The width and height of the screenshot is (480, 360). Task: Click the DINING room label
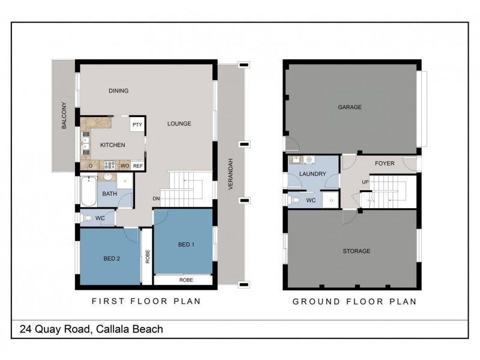point(119,91)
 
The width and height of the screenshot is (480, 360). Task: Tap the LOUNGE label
point(179,124)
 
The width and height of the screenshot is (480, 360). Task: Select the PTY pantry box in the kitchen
point(137,125)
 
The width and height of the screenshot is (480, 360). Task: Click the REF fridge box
point(138,165)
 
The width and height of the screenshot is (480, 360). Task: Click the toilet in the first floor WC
point(88,218)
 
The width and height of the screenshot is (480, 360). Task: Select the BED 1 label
point(187,244)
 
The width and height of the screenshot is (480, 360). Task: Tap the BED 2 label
point(112,259)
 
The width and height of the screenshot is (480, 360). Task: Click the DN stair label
point(156,199)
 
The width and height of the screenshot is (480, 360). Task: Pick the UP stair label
point(365,182)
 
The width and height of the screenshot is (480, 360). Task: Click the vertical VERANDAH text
point(230,174)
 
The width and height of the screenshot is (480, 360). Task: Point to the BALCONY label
point(64,118)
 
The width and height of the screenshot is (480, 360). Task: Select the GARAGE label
point(349,107)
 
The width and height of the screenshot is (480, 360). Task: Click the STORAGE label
point(356,251)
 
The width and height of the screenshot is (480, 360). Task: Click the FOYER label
point(385,163)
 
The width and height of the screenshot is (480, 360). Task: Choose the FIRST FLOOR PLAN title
point(145,301)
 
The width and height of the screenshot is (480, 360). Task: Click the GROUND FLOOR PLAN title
point(354,301)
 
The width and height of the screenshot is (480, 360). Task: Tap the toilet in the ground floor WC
point(293,199)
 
